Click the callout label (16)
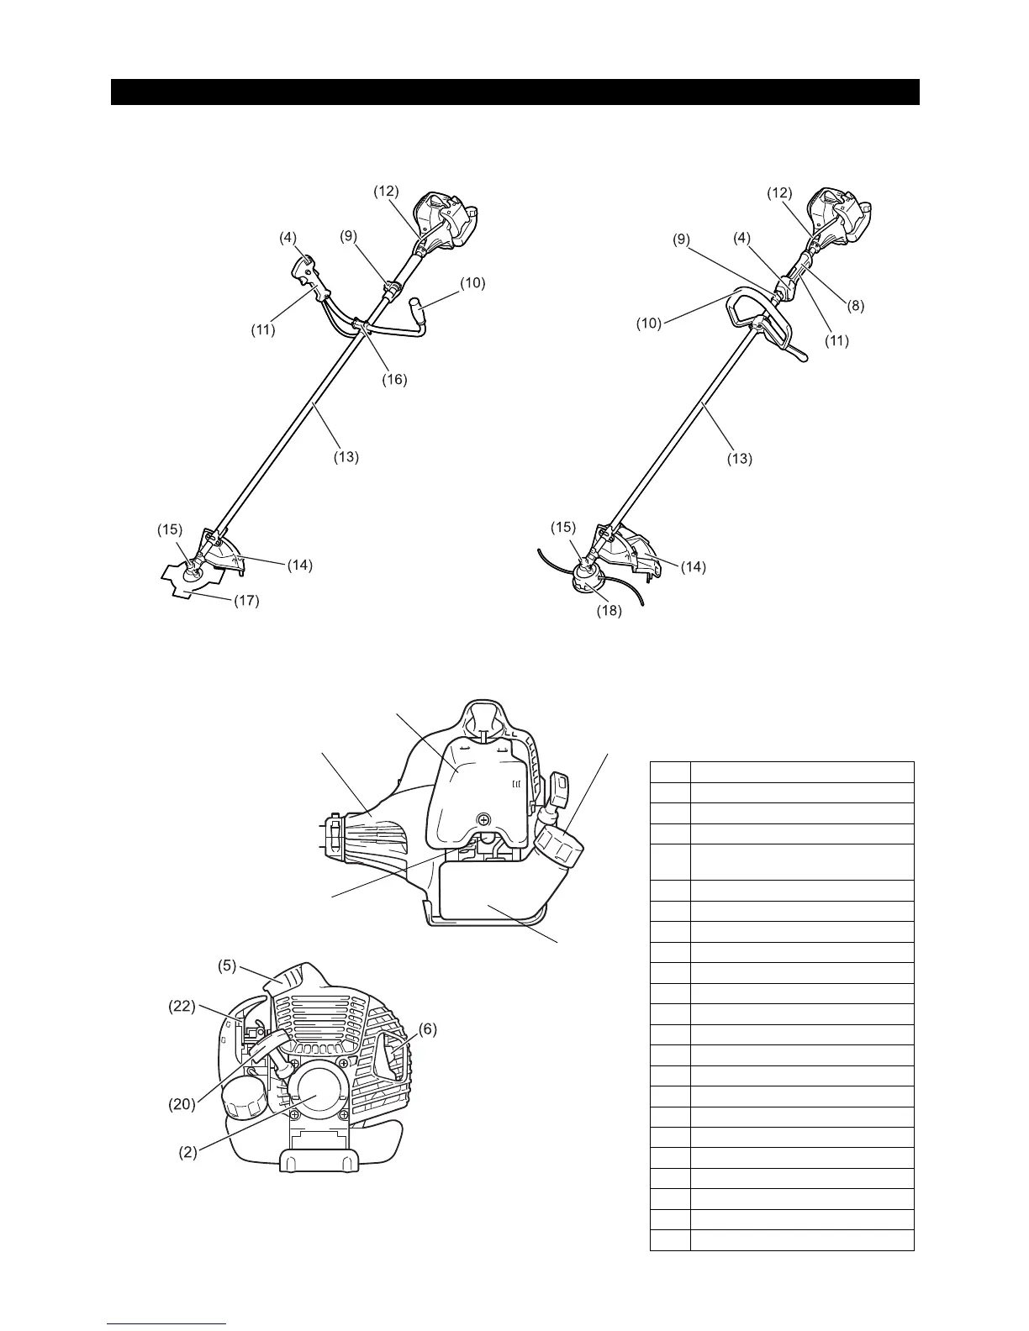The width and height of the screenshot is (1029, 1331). coord(393,379)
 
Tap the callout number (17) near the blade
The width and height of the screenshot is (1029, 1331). coord(246,601)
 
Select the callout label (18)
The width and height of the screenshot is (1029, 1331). coord(609,611)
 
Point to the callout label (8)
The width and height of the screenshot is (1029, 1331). coord(855,307)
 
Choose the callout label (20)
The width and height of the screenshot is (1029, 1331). coord(182,1104)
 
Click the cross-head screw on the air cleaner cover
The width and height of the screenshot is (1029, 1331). coord(483,818)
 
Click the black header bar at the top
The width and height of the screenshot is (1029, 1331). coord(514,92)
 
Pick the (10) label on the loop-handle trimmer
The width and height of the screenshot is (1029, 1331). coord(648,323)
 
